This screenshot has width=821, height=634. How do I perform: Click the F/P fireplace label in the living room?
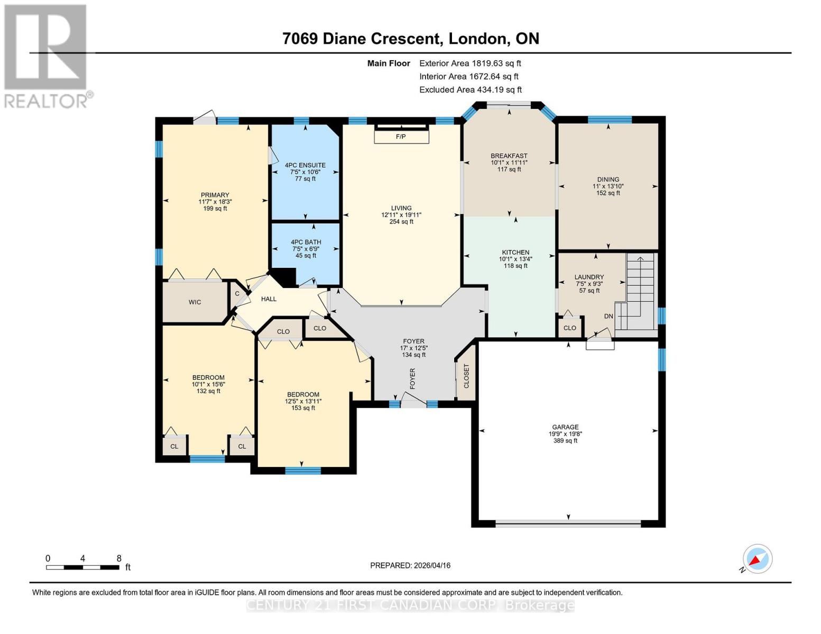point(401,137)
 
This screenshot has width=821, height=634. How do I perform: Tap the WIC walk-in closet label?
point(195,302)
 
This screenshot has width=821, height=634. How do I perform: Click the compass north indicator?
point(757,559)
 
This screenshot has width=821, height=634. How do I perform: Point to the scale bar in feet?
point(83,567)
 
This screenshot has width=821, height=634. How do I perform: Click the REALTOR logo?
point(47,57)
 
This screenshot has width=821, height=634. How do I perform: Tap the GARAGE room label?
point(565,427)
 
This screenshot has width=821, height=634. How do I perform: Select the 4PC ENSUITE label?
point(305,165)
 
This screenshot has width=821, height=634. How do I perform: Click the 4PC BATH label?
point(306,242)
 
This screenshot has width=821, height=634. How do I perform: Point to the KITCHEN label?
point(516,252)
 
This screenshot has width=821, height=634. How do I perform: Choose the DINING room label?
point(608,179)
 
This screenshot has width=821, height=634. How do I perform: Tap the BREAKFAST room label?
point(509,155)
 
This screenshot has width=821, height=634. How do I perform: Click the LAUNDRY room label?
point(589,277)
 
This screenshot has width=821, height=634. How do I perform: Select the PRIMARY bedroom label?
point(215,195)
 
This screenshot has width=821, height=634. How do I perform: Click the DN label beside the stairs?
point(608,316)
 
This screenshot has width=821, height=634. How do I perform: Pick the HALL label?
point(269,299)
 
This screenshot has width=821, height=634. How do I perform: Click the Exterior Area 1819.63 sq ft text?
point(471,63)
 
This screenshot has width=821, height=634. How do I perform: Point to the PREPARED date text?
point(410,566)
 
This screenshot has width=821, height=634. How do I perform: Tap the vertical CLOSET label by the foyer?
point(466,376)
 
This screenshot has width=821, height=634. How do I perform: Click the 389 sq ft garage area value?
point(566,441)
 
